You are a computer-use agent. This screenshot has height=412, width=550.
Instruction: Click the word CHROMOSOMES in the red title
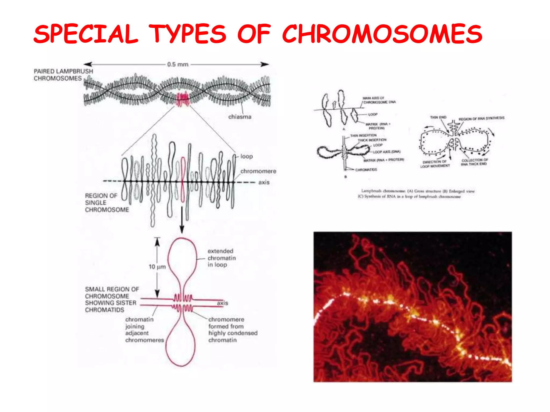[x=382, y=34]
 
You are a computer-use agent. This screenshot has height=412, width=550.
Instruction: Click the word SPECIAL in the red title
[x=85, y=34]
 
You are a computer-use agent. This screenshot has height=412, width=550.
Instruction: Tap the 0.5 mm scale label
[x=178, y=64]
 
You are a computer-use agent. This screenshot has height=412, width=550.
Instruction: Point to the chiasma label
[x=240, y=117]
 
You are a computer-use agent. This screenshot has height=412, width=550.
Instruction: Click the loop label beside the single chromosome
[x=246, y=156]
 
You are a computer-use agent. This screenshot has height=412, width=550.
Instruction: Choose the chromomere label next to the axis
[x=258, y=171]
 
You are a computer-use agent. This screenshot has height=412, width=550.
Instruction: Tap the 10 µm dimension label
[x=157, y=267]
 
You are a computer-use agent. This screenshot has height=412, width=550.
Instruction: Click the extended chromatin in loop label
[x=221, y=258]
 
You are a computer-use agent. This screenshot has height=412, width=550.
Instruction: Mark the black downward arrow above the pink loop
[x=182, y=220]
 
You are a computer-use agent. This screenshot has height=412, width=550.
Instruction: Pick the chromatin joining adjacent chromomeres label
[x=144, y=330]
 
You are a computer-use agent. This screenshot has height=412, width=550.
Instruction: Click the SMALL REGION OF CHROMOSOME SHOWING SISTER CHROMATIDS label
[x=111, y=299]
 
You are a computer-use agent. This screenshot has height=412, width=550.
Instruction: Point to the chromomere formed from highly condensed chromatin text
[x=233, y=330]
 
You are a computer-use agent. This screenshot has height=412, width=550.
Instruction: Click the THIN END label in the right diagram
[x=438, y=117]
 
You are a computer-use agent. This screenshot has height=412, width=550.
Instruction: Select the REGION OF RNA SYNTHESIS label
[x=481, y=118]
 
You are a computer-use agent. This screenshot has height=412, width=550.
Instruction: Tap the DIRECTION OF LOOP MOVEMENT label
[x=435, y=164]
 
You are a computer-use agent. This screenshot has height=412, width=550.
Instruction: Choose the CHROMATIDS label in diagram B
[x=366, y=170]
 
